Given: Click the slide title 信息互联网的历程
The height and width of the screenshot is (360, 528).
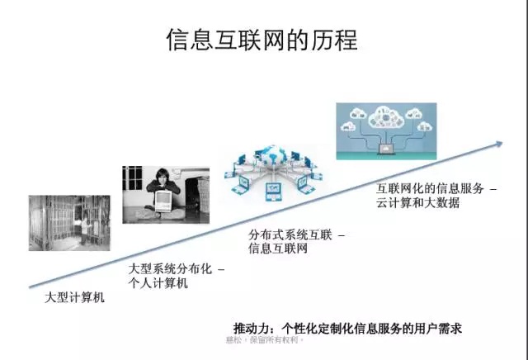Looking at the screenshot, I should click(262, 41).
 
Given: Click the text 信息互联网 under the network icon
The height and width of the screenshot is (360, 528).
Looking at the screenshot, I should click(278, 248).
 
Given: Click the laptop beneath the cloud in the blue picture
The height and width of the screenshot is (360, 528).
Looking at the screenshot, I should click(384, 149).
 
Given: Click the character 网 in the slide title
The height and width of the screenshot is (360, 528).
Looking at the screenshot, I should click(284, 41).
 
